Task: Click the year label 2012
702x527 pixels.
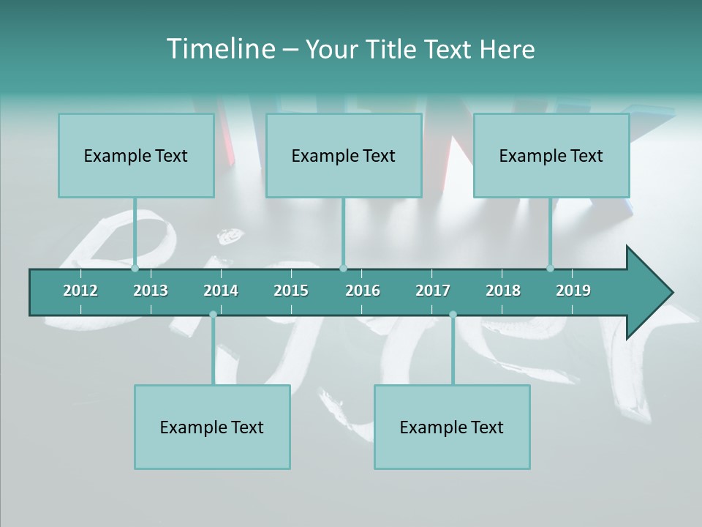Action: (80, 291)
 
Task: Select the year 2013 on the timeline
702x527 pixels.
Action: (151, 291)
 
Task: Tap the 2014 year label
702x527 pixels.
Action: (221, 291)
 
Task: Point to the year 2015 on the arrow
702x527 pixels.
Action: (291, 291)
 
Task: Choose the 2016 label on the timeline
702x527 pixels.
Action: (363, 291)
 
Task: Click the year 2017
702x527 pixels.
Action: (433, 291)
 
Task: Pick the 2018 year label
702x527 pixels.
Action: (503, 291)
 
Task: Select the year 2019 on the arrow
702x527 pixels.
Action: (573, 291)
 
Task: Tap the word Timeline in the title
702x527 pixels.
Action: (219, 49)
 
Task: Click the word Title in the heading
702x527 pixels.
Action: (392, 49)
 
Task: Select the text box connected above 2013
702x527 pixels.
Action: (136, 155)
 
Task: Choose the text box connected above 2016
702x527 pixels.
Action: (344, 155)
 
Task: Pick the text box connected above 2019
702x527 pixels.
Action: (551, 155)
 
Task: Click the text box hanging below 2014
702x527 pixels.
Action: (212, 427)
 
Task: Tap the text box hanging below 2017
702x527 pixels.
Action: (452, 427)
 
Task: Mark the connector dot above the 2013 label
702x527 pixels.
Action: (135, 268)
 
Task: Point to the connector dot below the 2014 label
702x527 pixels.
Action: (213, 315)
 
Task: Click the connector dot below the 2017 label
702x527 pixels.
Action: (453, 315)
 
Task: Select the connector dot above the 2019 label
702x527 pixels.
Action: (550, 268)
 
